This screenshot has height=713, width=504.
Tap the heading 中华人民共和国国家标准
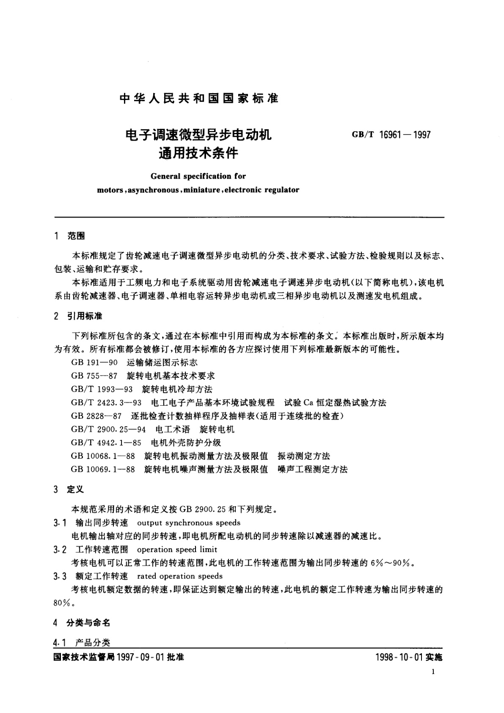pyautogui.click(x=199, y=99)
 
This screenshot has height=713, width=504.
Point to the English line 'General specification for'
pyautogui.click(x=198, y=176)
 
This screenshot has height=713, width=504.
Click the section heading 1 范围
pyautogui.click(x=70, y=236)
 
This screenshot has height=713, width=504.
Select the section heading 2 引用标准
pyautogui.click(x=78, y=316)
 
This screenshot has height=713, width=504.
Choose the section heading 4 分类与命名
pyautogui.click(x=82, y=622)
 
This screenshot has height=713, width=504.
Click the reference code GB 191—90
pyautogui.click(x=94, y=363)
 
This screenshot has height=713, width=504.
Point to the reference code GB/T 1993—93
pyautogui.click(x=102, y=389)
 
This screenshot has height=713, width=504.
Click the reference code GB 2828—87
pyautogui.click(x=96, y=416)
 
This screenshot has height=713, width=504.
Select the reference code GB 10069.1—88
pyautogui.click(x=103, y=470)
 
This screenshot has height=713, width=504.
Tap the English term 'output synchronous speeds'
pyautogui.click(x=189, y=523)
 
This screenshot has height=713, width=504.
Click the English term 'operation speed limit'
pyautogui.click(x=177, y=550)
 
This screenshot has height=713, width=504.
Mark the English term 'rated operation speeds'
pyautogui.click(x=180, y=576)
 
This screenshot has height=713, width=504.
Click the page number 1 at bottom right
pyautogui.click(x=433, y=672)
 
